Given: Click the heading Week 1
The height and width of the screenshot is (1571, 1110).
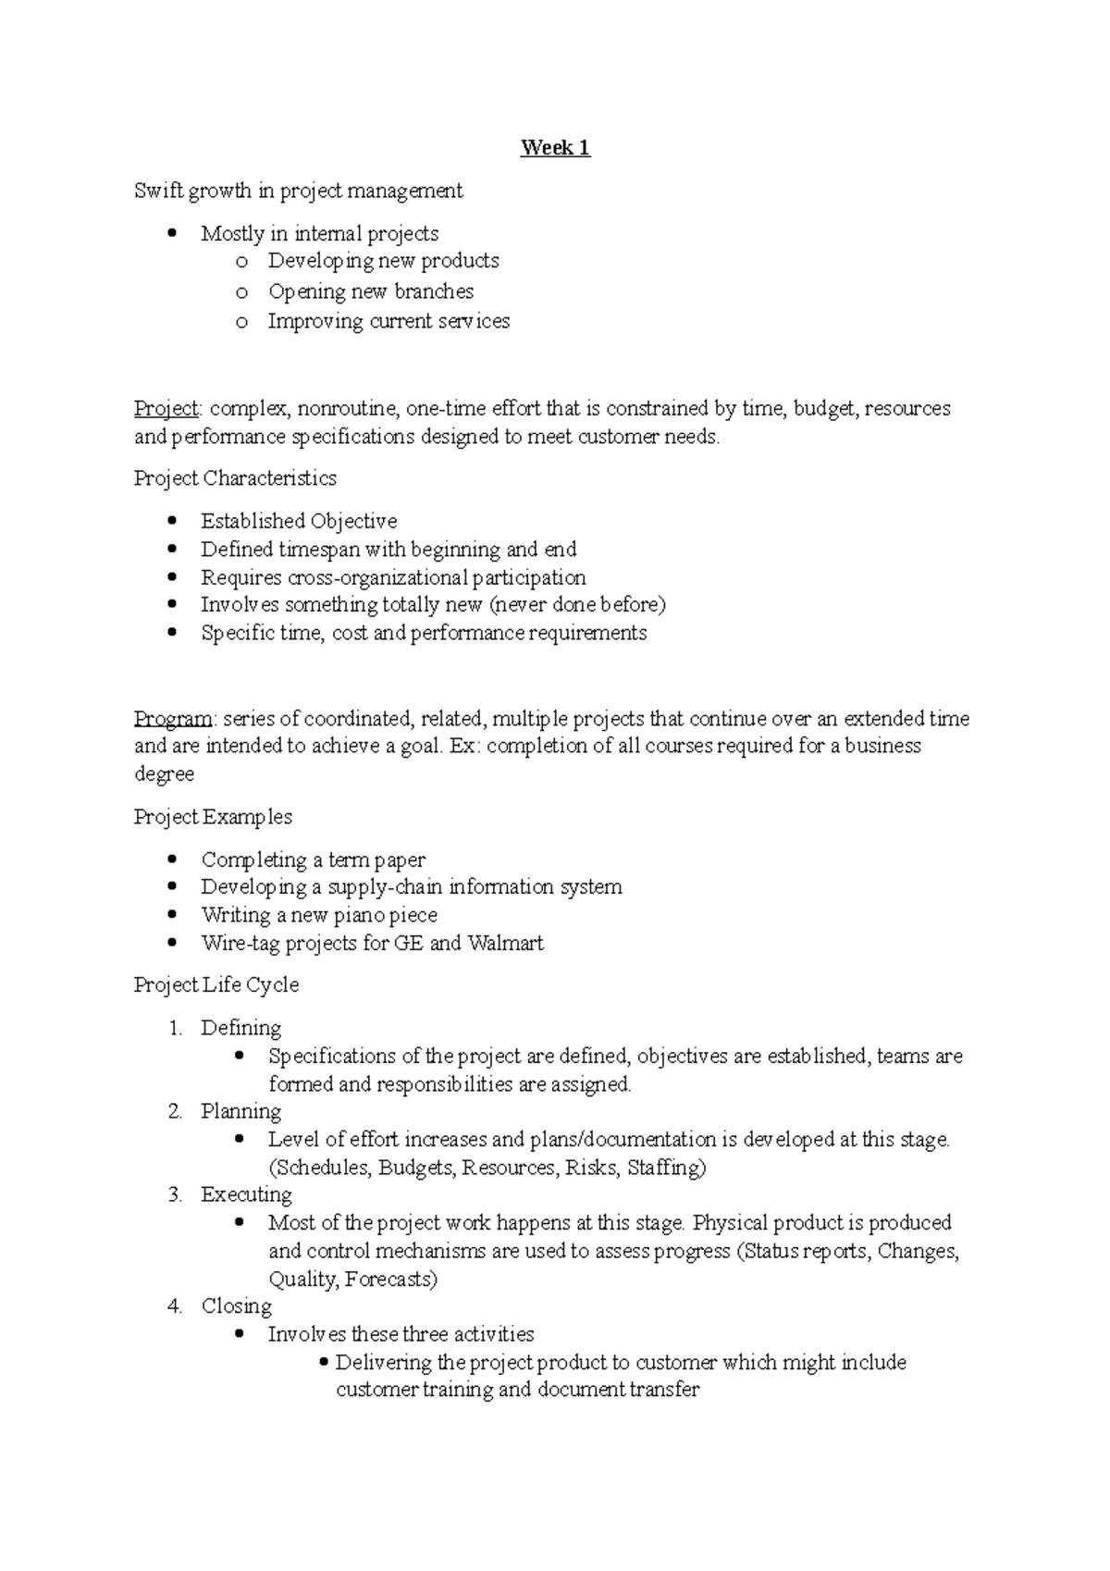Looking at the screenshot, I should [555, 148].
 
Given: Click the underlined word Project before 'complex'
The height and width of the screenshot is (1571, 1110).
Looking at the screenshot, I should [166, 408].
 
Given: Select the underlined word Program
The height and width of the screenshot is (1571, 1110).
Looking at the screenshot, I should [173, 719].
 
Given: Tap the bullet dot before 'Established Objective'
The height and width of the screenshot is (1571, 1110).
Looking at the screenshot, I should [172, 521].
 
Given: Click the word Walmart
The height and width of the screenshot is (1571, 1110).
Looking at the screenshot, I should [505, 944].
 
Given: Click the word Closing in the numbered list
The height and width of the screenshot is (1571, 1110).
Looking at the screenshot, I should [237, 1306].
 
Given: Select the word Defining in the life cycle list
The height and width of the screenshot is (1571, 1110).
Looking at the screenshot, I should [240, 1028].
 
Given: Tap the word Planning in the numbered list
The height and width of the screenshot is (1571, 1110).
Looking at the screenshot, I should [240, 1111].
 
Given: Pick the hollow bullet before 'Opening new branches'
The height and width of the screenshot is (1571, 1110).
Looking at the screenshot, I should [241, 292].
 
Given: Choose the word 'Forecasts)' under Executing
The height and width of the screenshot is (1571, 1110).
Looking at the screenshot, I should [390, 1280].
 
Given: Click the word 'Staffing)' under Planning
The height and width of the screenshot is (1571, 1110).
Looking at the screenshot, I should [666, 1168].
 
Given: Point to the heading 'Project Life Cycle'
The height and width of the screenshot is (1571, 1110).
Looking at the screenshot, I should [216, 984].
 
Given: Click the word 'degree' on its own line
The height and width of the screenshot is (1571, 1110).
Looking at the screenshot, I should [164, 774].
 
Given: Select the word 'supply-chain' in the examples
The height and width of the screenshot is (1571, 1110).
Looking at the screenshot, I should [386, 887].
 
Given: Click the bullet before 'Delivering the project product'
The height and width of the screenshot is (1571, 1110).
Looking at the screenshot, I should [323, 1362].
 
